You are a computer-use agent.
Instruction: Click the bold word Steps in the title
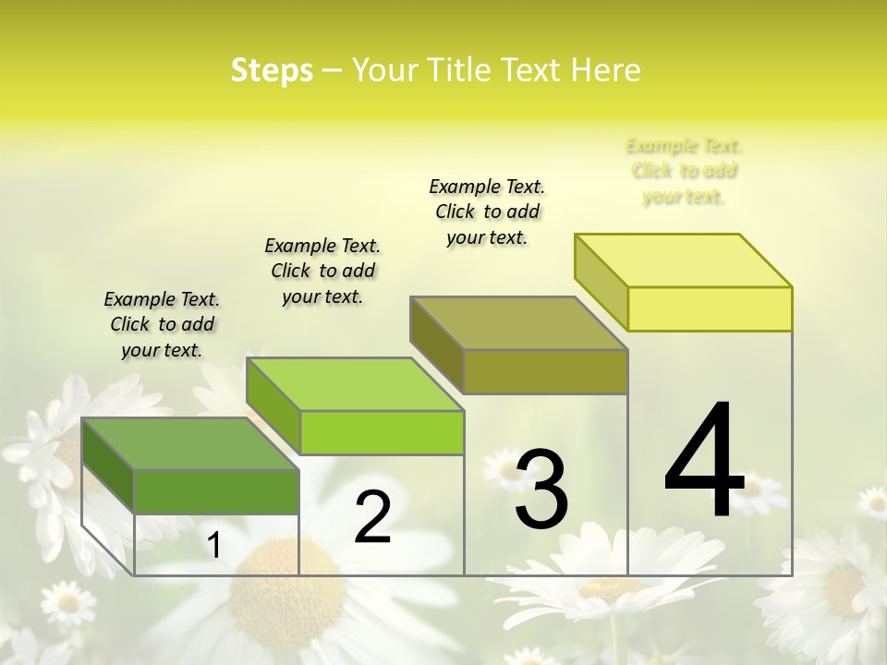click(272, 70)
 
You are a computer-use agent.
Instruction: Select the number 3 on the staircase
click(541, 490)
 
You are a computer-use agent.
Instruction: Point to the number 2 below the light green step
click(372, 517)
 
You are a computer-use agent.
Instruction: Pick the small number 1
click(213, 545)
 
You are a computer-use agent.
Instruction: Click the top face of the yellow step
click(683, 260)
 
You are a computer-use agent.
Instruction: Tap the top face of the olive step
click(518, 322)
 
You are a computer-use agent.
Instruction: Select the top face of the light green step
click(355, 383)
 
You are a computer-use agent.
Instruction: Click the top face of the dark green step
click(190, 443)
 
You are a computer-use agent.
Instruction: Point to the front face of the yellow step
click(710, 308)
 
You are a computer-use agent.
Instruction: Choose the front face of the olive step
click(545, 371)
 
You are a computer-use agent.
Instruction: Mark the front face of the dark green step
click(216, 491)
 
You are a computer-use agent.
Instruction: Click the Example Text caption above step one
click(162, 324)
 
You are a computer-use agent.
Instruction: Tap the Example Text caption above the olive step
click(487, 212)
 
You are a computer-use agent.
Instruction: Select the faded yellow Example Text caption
click(684, 171)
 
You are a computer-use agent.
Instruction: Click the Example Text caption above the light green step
click(322, 271)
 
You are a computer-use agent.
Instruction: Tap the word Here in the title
click(605, 70)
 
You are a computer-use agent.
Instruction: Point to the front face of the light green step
click(382, 432)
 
